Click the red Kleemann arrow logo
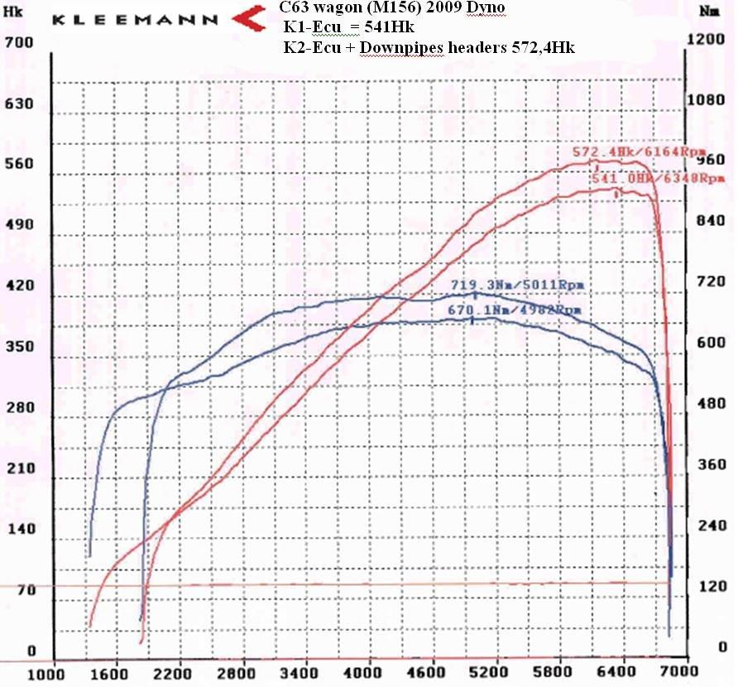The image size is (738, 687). pyautogui.click(x=249, y=17)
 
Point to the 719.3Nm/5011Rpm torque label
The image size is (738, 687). pyautogui.click(x=516, y=285)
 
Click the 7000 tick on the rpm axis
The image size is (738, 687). pyautogui.click(x=675, y=672)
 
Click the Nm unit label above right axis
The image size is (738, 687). pyautogui.click(x=708, y=12)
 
